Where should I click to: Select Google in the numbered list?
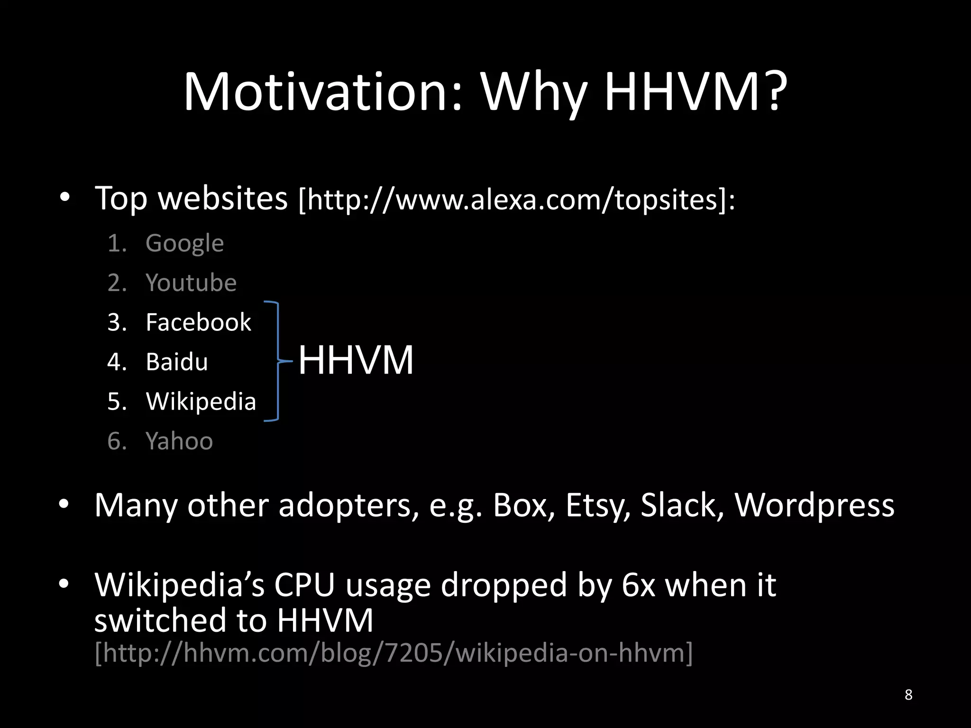click(x=184, y=244)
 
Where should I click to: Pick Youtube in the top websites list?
click(x=191, y=283)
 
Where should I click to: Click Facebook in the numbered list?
click(x=198, y=322)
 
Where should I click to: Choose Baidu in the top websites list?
click(x=177, y=362)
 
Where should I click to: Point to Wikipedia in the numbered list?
click(x=201, y=401)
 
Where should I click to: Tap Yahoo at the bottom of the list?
click(x=179, y=441)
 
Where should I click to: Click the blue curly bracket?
click(x=275, y=361)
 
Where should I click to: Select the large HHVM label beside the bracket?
click(x=356, y=360)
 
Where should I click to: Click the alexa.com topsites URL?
click(x=517, y=199)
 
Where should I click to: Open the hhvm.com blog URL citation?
click(x=394, y=653)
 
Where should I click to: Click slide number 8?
click(x=908, y=694)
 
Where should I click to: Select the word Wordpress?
click(x=814, y=505)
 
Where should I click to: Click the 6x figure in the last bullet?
click(x=638, y=585)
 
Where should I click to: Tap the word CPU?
click(x=304, y=585)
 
